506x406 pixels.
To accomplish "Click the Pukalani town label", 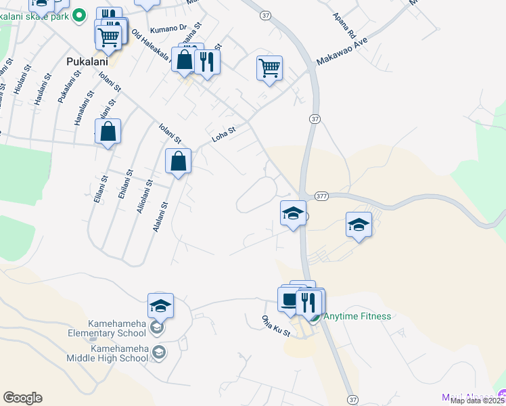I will click(88, 61).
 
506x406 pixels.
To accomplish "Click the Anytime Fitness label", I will click(357, 316).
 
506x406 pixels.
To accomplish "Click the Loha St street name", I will click(223, 135).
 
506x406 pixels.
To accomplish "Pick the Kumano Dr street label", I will click(168, 29).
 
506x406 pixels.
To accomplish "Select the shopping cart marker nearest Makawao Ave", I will click(269, 68).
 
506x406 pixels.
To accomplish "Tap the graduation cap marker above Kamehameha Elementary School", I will click(160, 306).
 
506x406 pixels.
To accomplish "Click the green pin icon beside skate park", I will click(79, 14).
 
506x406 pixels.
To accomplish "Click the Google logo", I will click(22, 398).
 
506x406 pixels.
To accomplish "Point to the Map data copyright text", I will click(478, 401).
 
